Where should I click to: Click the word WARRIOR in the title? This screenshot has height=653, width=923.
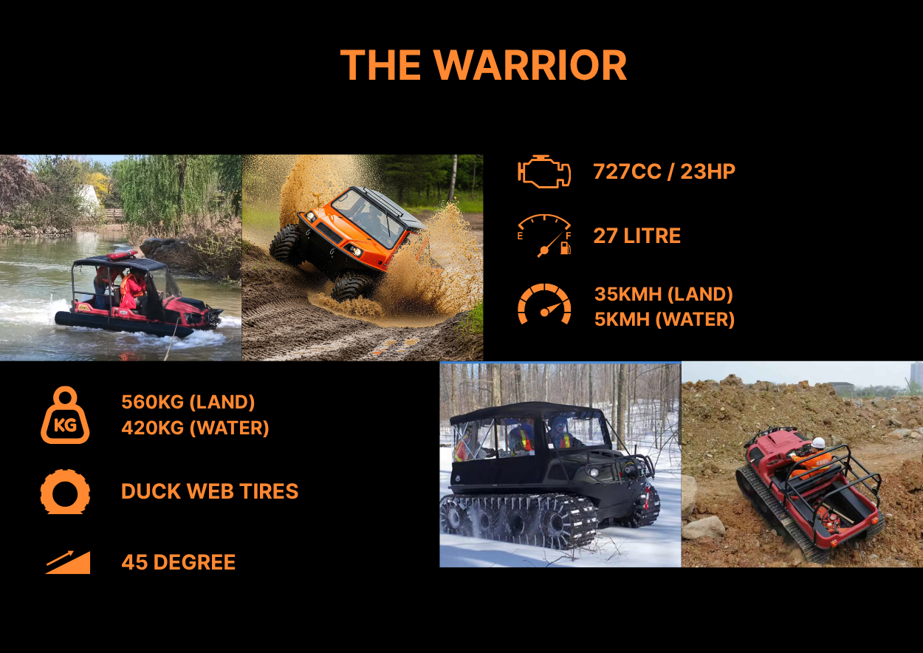(530, 65)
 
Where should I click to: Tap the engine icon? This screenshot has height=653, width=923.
(544, 171)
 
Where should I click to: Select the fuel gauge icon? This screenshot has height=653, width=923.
(544, 236)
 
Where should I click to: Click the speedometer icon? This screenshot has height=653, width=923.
(544, 304)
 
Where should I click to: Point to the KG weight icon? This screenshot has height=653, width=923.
(65, 415)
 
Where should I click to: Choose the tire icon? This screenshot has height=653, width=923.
(65, 491)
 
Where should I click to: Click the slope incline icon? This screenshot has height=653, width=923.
(68, 562)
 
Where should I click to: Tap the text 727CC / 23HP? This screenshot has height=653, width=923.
(665, 171)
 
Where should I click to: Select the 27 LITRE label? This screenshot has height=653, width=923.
(637, 236)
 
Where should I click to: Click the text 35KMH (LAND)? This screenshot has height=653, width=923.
(664, 294)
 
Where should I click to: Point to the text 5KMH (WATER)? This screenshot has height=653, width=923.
(665, 320)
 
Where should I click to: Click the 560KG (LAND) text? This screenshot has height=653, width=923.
(188, 403)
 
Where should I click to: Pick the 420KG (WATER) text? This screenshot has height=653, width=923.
(196, 428)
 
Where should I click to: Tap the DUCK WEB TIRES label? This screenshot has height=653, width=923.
(210, 491)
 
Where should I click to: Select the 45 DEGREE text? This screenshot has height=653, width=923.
(179, 562)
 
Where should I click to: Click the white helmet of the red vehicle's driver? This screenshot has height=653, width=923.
(818, 442)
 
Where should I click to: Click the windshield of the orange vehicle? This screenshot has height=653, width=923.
(367, 216)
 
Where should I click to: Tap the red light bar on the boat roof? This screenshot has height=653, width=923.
(122, 254)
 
